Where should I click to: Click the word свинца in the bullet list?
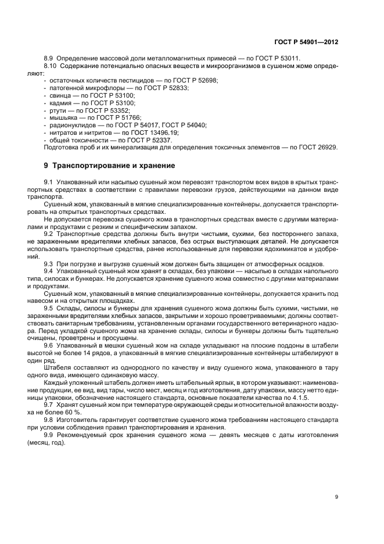(60, 95)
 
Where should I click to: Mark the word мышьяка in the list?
(64, 117)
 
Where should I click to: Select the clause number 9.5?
(49, 308)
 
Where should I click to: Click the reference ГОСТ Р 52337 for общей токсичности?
(149, 140)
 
